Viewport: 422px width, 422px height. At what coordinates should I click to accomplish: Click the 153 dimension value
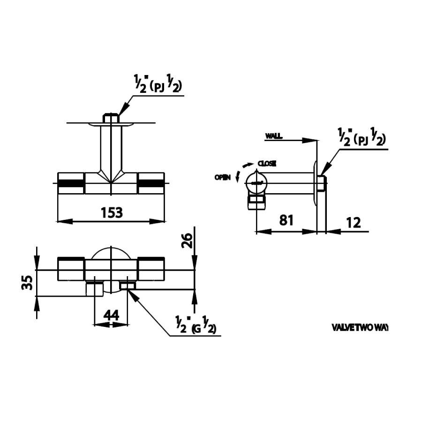(x=112, y=212)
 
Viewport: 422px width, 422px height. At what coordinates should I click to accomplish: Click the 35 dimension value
(x=28, y=283)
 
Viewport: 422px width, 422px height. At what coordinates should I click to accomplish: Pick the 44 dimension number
(x=111, y=316)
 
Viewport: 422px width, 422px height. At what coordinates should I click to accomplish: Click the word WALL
(x=273, y=136)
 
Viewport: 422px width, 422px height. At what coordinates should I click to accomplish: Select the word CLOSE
(x=267, y=163)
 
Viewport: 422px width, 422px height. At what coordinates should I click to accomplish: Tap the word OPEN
(x=222, y=177)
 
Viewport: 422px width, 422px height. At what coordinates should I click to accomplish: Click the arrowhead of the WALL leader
(x=313, y=140)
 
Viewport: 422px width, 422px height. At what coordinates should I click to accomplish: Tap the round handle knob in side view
(x=256, y=181)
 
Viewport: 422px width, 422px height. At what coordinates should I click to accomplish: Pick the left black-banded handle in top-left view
(x=71, y=183)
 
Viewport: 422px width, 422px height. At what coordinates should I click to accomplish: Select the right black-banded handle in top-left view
(x=151, y=183)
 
